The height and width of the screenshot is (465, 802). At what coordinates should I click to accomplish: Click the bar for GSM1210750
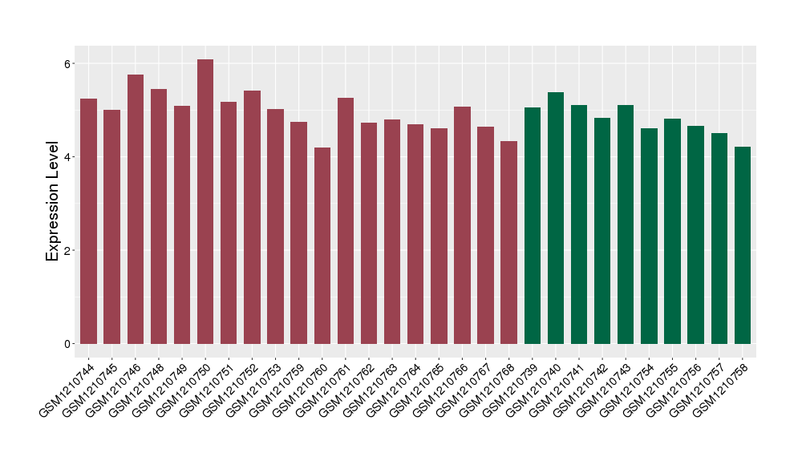205,201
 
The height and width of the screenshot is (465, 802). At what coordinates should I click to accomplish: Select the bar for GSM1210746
136,209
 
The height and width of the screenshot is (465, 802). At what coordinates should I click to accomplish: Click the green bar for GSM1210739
533,225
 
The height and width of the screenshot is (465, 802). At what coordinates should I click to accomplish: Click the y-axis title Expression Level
53,201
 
